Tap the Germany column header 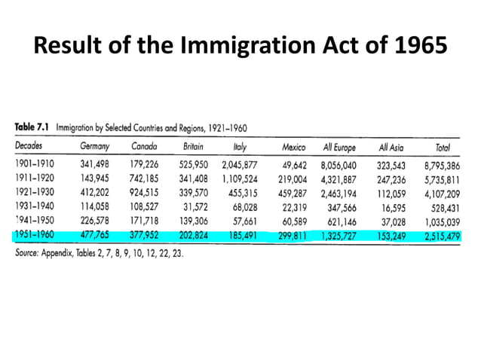(x=95, y=146)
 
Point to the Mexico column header (x=293, y=146)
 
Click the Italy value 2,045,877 (x=240, y=163)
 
